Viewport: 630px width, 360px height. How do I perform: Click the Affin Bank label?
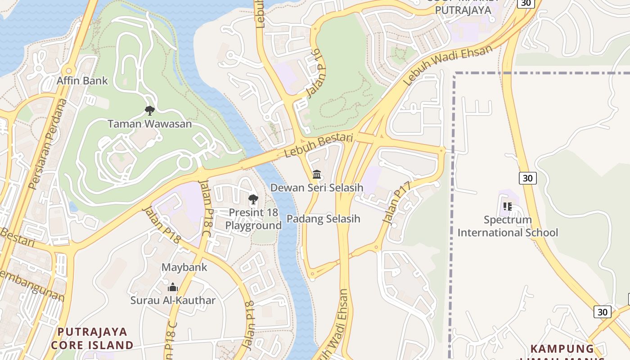(x=82, y=81)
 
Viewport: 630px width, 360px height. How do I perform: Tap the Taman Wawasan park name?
(x=149, y=124)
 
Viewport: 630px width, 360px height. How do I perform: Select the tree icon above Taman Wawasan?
(x=149, y=110)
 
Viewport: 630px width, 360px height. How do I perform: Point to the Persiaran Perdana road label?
(x=47, y=144)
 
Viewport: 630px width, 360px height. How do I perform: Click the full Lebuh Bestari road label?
(x=318, y=145)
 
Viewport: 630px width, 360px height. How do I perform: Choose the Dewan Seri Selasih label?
(x=316, y=188)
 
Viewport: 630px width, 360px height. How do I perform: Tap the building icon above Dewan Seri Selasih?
(x=317, y=174)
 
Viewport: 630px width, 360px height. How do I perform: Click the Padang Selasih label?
(x=324, y=219)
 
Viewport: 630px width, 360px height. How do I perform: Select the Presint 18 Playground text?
(x=253, y=219)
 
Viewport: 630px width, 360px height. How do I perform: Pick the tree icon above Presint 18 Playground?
(x=253, y=199)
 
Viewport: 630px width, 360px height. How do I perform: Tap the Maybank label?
(x=184, y=267)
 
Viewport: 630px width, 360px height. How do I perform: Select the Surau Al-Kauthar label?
(x=173, y=300)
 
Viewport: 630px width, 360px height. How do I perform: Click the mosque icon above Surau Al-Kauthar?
(x=173, y=287)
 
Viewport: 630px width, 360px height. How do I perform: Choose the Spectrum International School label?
(x=508, y=226)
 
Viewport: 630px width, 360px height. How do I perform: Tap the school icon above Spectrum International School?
(x=508, y=207)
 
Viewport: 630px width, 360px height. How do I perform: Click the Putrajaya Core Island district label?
(x=92, y=338)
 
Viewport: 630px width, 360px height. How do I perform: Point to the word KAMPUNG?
(x=562, y=349)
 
